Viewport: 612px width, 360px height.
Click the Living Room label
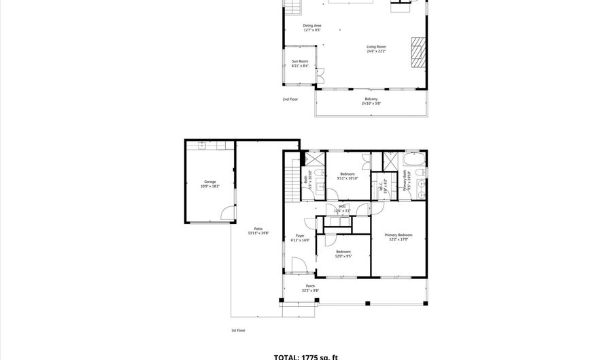pyautogui.click(x=376, y=47)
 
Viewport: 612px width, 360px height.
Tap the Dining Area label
pyautogui.click(x=312, y=26)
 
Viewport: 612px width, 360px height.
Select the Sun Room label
pyautogui.click(x=300, y=61)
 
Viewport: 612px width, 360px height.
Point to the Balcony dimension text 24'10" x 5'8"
pyautogui.click(x=371, y=103)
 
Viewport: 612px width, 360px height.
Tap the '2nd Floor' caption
pyautogui.click(x=290, y=99)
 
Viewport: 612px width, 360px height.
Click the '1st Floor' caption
pyautogui.click(x=237, y=331)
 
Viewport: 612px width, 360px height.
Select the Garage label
pyautogui.click(x=210, y=182)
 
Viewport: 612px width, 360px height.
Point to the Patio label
pyautogui.click(x=258, y=229)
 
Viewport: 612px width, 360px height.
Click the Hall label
pyautogui.click(x=342, y=206)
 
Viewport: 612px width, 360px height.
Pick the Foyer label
pyautogui.click(x=300, y=235)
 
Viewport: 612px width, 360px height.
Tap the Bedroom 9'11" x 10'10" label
pyautogui.click(x=347, y=174)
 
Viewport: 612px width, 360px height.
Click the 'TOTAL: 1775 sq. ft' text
pyautogui.click(x=305, y=357)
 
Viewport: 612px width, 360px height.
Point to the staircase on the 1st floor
pyautogui.click(x=293, y=180)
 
